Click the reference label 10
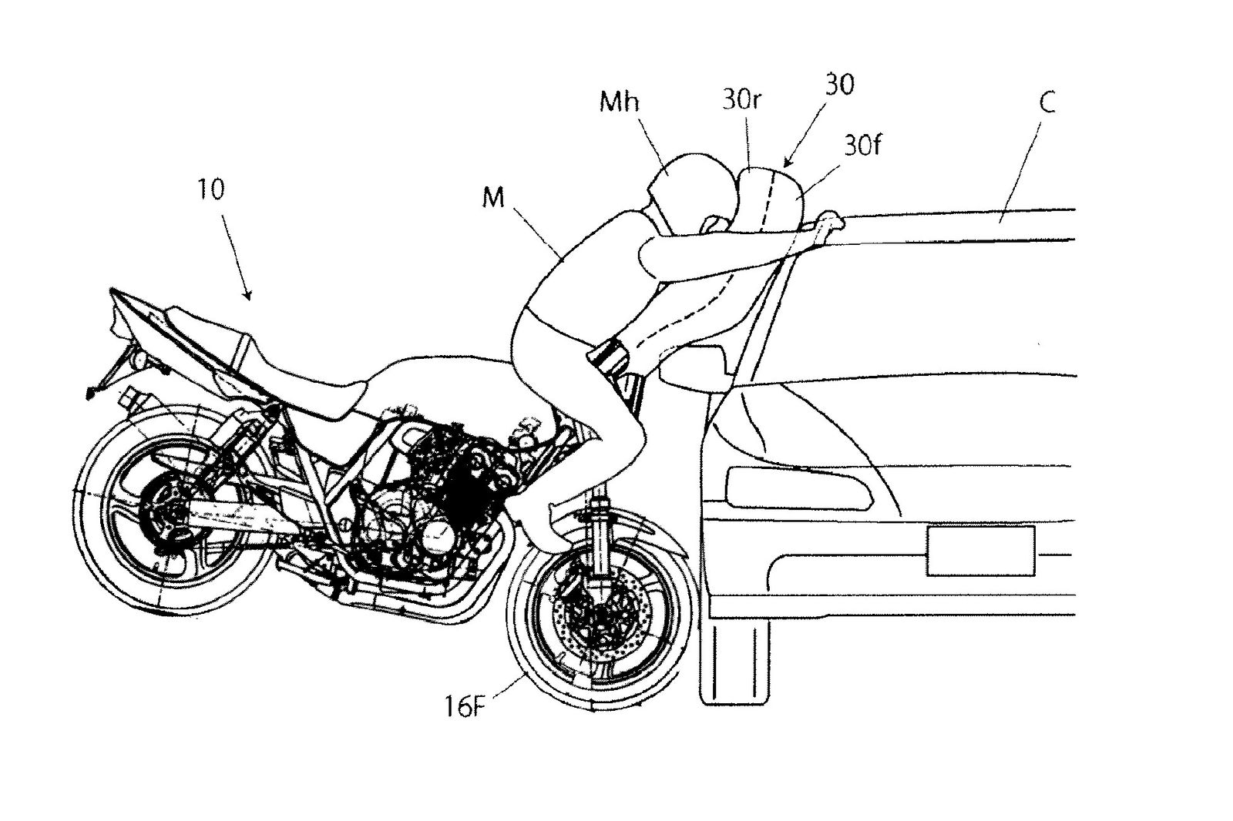[x=210, y=189]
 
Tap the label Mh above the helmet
[x=619, y=101]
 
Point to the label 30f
[x=862, y=145]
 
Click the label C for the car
[x=1047, y=102]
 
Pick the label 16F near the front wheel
[x=465, y=706]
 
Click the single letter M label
[x=492, y=198]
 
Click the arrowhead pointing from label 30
[x=788, y=163]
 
